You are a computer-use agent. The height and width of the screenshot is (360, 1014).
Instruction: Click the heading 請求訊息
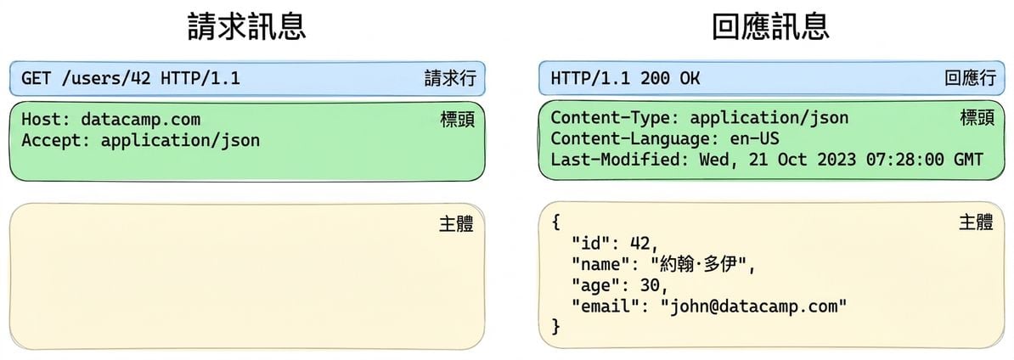(x=246, y=27)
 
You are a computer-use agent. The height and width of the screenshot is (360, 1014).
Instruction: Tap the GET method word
(x=37, y=79)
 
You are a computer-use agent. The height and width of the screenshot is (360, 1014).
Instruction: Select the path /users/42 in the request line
(x=106, y=79)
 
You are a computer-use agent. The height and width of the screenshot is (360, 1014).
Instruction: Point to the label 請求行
(x=450, y=79)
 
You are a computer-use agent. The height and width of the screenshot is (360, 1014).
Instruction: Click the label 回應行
(x=969, y=79)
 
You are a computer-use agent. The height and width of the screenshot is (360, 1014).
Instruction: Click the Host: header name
(x=47, y=120)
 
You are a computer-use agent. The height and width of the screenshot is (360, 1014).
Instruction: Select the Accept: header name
(x=56, y=140)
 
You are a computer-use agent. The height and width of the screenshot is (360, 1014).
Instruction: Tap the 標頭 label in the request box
(x=457, y=120)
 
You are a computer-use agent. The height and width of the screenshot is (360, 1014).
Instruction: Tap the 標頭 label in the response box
(x=977, y=117)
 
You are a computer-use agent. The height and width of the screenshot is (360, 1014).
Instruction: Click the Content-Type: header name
(x=615, y=118)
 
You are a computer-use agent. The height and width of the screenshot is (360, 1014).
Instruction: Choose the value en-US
(x=754, y=139)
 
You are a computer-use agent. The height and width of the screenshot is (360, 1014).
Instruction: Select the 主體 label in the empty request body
(x=457, y=224)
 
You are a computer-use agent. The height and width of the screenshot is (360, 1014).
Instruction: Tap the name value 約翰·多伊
(x=699, y=264)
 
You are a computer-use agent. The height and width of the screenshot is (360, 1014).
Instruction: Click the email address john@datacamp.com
(x=754, y=306)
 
